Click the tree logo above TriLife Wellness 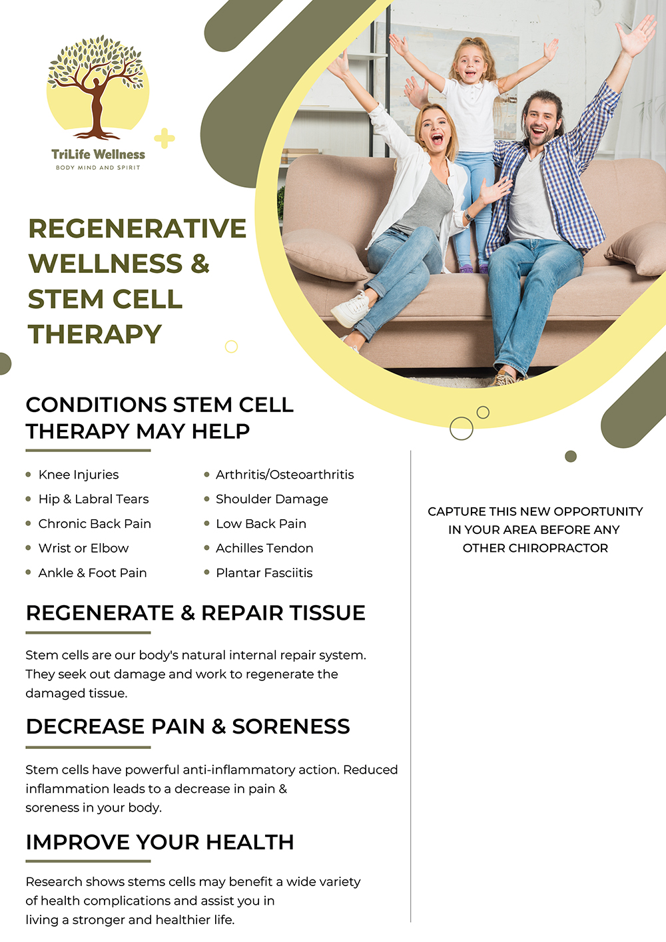(x=97, y=87)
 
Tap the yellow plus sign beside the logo (x=164, y=138)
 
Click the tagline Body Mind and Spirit (x=98, y=168)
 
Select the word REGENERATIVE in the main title (x=137, y=228)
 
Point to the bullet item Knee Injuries (x=79, y=475)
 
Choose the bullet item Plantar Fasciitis (x=264, y=573)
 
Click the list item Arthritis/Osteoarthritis (x=284, y=475)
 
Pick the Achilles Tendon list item (x=264, y=548)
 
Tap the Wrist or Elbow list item (x=83, y=548)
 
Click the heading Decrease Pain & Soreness (x=188, y=726)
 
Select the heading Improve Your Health (x=160, y=842)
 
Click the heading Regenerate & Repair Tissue (x=196, y=613)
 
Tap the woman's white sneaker (x=350, y=310)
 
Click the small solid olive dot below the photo (x=570, y=456)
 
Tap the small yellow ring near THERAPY (x=231, y=346)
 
